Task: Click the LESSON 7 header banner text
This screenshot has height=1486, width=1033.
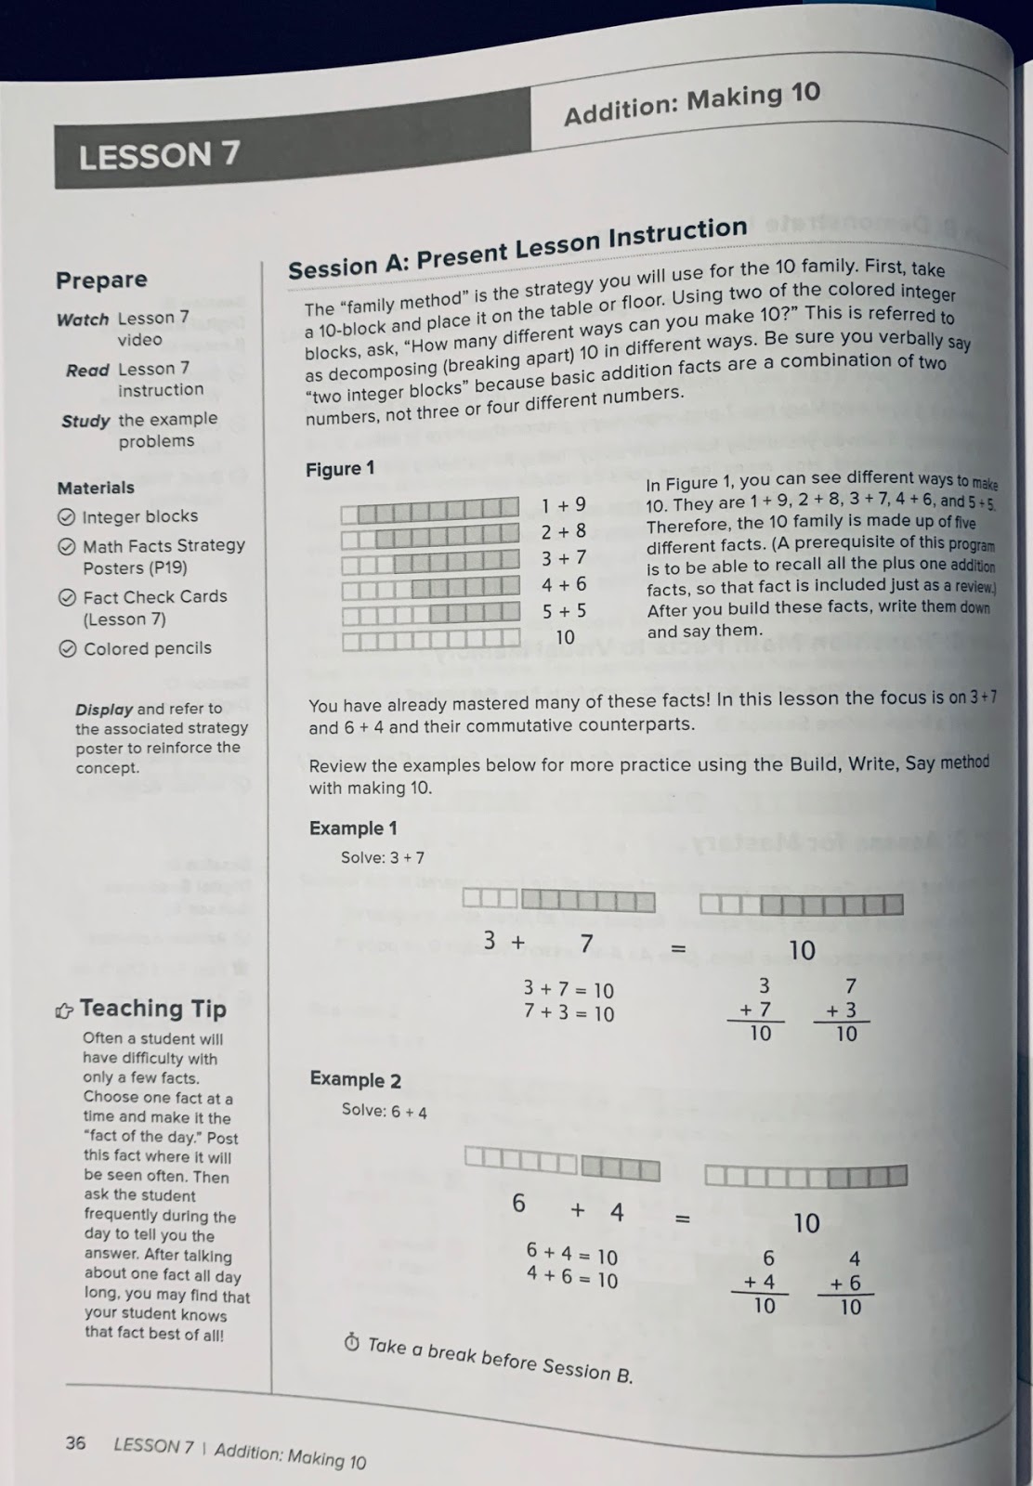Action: coord(159,155)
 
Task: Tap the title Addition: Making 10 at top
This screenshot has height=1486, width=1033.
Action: coord(692,103)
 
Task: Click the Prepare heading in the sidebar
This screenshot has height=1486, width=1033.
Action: coord(101,280)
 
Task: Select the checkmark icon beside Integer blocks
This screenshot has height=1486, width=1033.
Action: coord(67,517)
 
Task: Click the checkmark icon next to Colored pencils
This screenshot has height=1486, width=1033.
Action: coord(68,649)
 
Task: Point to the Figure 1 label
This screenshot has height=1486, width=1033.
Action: coord(340,469)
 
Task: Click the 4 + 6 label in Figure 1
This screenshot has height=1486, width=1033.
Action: coord(564,584)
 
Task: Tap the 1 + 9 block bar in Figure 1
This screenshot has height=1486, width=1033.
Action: coord(429,509)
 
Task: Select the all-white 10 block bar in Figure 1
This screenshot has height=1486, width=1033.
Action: coord(431,639)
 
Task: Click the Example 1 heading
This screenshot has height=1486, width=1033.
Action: coord(353,828)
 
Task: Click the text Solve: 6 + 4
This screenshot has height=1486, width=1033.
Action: coord(384,1110)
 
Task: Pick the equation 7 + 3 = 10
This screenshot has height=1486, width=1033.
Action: coord(569,1013)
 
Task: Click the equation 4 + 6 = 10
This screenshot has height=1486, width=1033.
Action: coord(571,1279)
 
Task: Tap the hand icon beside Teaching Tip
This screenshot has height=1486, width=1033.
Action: coord(64,1010)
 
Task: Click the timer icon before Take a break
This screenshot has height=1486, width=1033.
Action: coord(351,1343)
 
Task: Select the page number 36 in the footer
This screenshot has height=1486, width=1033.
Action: coord(75,1442)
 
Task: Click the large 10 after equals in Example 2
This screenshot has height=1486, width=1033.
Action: coord(806,1223)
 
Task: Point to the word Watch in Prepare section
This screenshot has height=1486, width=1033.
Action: coord(83,319)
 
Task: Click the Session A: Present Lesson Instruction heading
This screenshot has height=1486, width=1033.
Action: coord(517,249)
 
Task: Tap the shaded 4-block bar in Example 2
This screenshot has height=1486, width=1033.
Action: coord(620,1168)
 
